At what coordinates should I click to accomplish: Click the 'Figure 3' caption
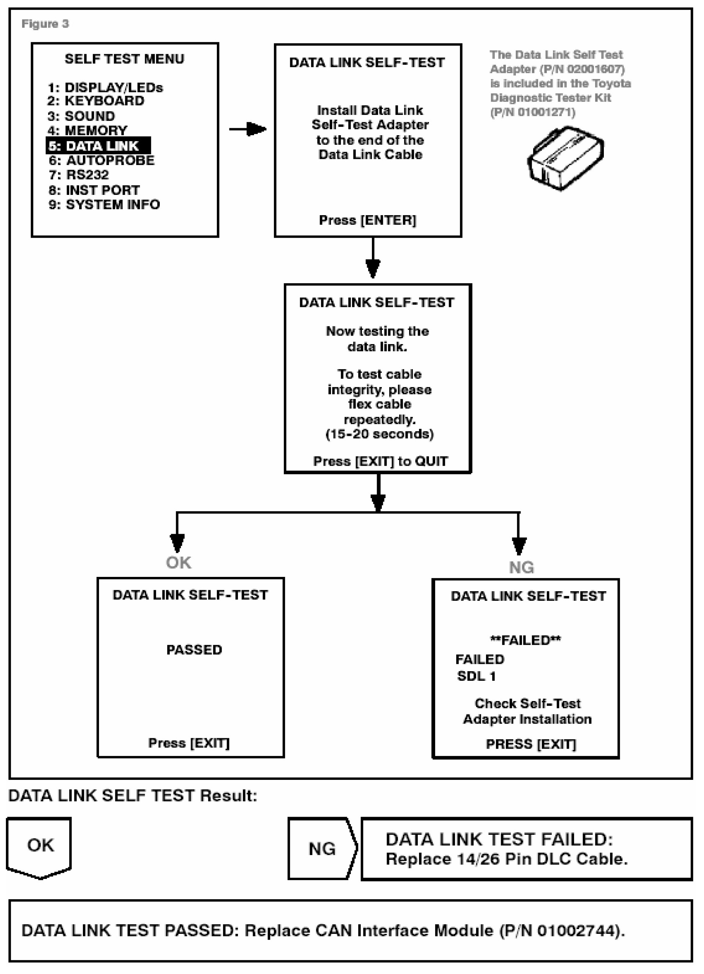(x=45, y=24)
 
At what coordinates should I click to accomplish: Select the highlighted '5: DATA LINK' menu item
(x=98, y=146)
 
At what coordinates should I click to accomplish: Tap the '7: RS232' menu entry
(x=78, y=175)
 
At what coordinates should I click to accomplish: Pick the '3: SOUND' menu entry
(x=81, y=116)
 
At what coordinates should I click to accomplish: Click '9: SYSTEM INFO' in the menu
(x=104, y=204)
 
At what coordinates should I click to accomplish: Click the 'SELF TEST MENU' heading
(x=124, y=59)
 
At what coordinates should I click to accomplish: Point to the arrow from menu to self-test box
(x=248, y=129)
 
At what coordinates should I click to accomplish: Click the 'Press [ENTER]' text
(x=367, y=220)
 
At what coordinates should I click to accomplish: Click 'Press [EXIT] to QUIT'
(x=380, y=462)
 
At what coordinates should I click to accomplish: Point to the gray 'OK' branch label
(x=179, y=563)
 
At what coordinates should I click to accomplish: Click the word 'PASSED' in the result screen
(x=194, y=650)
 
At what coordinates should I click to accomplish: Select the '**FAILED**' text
(x=525, y=640)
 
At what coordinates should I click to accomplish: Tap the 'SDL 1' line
(x=476, y=676)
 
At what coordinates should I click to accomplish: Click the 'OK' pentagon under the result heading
(x=39, y=845)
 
